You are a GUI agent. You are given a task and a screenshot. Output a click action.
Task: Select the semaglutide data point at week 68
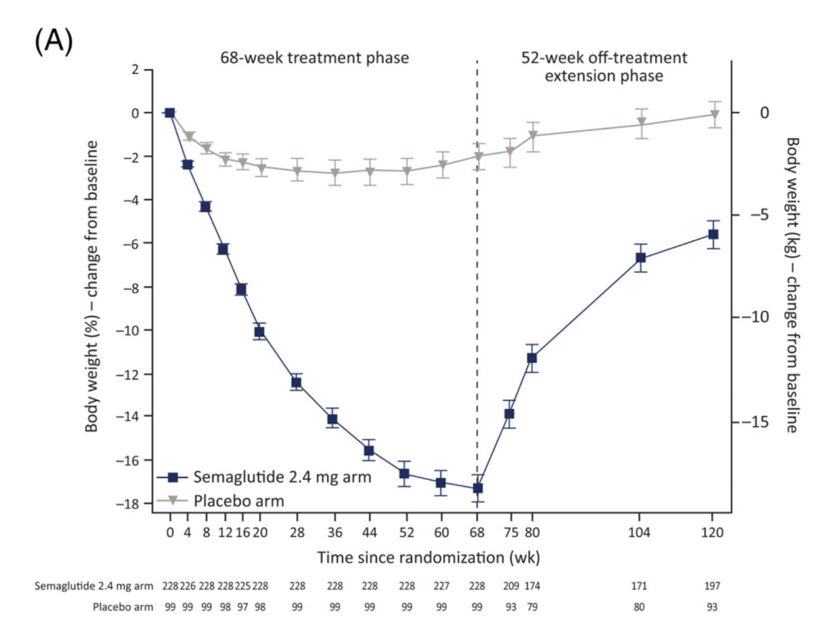[477, 488]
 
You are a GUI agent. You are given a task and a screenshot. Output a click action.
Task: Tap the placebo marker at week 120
[712, 114]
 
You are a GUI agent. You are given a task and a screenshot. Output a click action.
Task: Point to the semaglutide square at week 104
[641, 258]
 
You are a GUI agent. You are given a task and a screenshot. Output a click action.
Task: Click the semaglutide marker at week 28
[296, 383]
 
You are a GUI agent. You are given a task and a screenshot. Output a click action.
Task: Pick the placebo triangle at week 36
[334, 173]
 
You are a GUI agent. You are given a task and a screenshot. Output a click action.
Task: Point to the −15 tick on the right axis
[752, 422]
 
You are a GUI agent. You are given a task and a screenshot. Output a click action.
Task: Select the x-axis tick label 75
[509, 532]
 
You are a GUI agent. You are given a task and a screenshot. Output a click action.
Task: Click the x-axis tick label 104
[641, 532]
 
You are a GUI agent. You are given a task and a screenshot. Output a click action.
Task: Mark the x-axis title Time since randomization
[428, 557]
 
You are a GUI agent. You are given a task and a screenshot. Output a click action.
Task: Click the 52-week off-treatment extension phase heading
[604, 67]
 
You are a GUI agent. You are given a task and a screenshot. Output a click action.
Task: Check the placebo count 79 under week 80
[532, 607]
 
